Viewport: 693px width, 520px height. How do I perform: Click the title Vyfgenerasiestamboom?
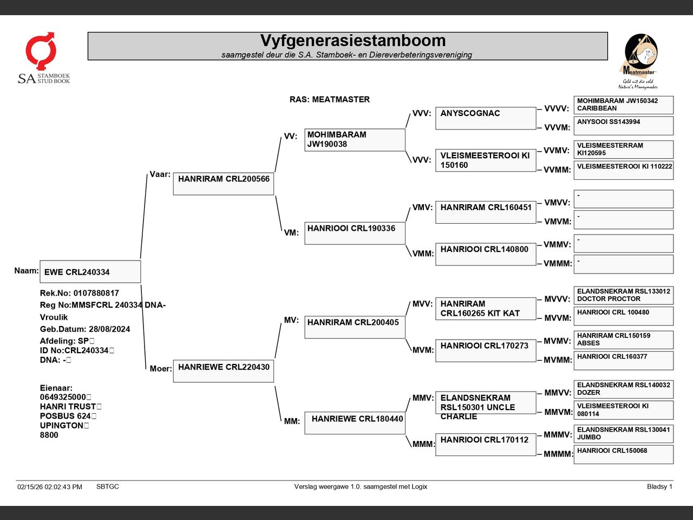coord(352,41)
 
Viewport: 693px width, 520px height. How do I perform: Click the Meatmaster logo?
coord(639,61)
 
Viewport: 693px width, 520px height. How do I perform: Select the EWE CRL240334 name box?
coord(90,272)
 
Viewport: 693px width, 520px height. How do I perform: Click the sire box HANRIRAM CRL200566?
coord(223,184)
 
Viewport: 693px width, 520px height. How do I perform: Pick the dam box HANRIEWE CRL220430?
coord(223,371)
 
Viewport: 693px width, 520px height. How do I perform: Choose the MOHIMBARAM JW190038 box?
coord(355,140)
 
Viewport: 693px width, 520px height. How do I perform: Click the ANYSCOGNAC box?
coord(486,118)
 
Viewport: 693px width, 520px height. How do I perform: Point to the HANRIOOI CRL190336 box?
coord(355,233)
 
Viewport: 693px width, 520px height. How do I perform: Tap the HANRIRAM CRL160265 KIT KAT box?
coord(486,308)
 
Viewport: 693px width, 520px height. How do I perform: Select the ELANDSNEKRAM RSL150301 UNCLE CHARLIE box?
coord(486,403)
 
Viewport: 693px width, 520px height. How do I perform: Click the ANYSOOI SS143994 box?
coord(623,126)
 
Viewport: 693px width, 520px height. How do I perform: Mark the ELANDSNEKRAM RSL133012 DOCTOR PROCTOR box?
coord(623,295)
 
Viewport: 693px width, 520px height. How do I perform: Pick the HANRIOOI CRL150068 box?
coord(623,454)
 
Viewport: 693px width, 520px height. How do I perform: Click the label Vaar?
coord(160,174)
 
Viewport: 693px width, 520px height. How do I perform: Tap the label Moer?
coord(161,369)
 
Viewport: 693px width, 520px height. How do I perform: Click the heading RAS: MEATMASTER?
coord(329,100)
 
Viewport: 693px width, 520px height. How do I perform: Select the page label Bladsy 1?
coord(659,486)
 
